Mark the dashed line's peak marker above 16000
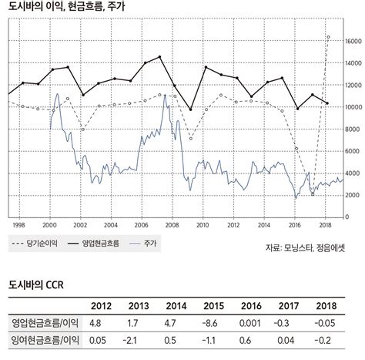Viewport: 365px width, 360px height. pyautogui.click(x=328, y=36)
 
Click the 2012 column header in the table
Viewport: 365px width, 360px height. pyautogui.click(x=97, y=305)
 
